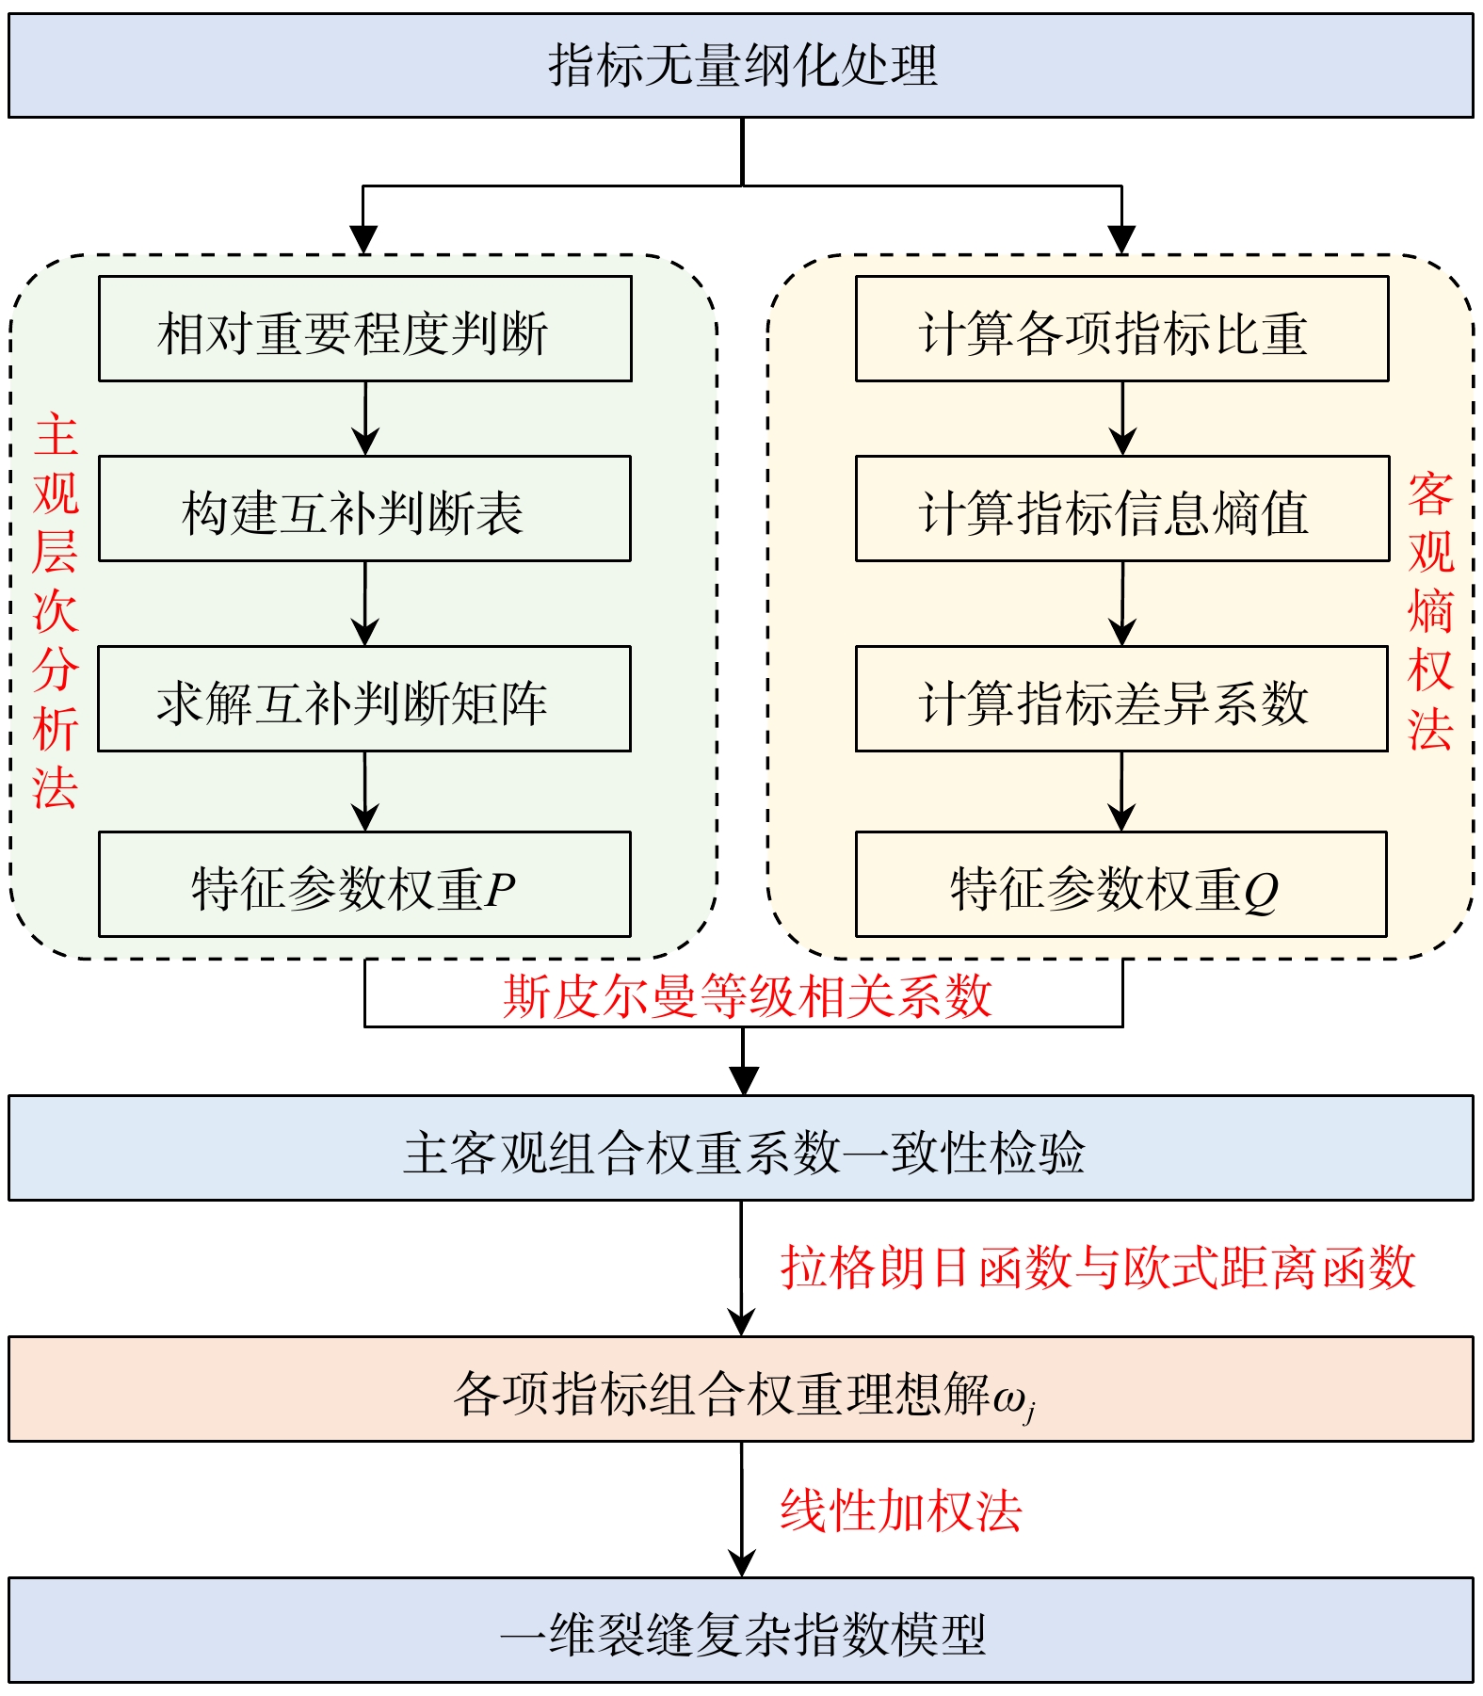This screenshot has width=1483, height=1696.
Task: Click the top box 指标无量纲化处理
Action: click(741, 66)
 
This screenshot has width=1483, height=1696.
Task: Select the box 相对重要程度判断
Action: click(364, 329)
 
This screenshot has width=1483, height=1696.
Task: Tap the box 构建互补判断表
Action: click(364, 509)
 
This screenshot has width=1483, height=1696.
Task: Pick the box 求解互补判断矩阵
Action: click(364, 699)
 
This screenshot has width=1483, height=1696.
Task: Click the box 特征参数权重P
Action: click(364, 884)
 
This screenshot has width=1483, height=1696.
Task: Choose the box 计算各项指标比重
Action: click(1121, 329)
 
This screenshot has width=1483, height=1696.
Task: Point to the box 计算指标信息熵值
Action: click(1121, 509)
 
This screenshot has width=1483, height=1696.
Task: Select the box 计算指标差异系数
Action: click(1121, 699)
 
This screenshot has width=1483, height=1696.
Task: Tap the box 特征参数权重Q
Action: click(1121, 884)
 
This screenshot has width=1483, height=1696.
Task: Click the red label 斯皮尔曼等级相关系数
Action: click(747, 996)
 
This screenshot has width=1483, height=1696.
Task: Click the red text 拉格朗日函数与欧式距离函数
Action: click(1098, 1267)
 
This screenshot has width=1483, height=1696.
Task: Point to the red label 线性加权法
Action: click(900, 1510)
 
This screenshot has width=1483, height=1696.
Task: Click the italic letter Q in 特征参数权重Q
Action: click(1261, 890)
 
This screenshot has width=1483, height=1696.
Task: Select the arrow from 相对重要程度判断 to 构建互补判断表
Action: click(365, 419)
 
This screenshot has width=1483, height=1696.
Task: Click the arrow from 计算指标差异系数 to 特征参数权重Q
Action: click(1121, 792)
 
